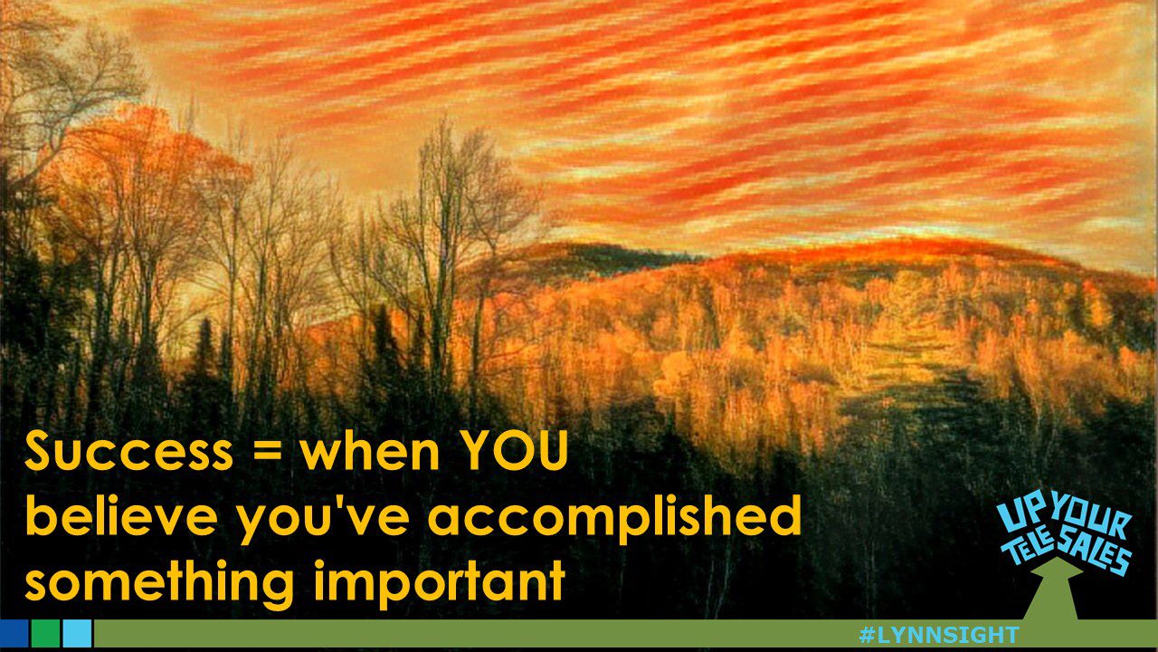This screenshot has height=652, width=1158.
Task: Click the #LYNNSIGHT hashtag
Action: coord(938,635)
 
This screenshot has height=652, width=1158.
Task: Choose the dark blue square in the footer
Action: coord(14,634)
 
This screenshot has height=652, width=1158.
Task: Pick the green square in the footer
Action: coord(45,634)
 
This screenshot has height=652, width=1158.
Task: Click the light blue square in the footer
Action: coord(77,634)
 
